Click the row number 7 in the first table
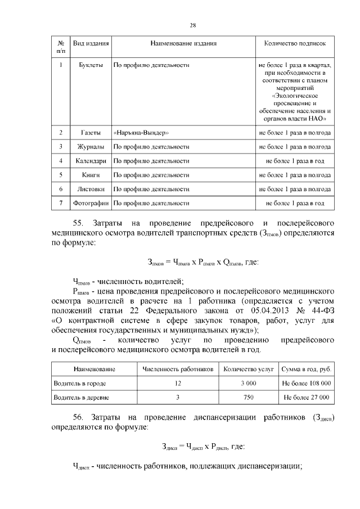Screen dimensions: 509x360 tap(60, 203)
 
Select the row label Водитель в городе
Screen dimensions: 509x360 tap(79, 383)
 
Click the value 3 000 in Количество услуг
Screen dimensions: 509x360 tap(248, 383)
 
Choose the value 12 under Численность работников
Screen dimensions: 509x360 tap(178, 383)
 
